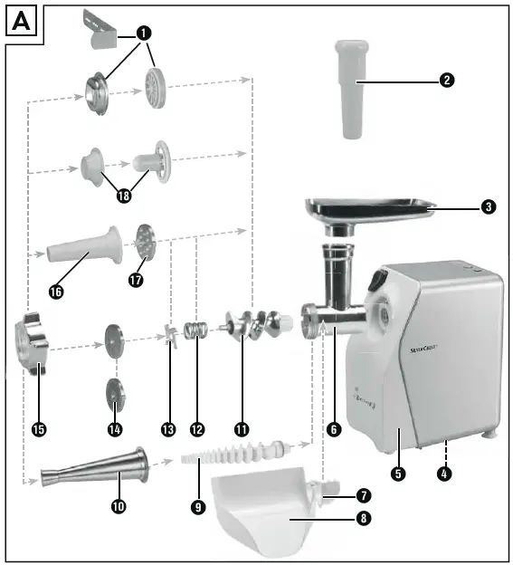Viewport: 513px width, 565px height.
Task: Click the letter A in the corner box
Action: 23,20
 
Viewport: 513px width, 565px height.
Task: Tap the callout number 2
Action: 446,80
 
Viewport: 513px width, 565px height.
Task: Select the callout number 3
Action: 488,207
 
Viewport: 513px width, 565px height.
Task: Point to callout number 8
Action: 363,519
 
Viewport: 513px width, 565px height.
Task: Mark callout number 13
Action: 166,428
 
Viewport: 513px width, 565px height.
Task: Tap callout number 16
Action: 57,292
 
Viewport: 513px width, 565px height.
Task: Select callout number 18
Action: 124,196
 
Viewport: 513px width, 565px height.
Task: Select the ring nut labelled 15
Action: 32,344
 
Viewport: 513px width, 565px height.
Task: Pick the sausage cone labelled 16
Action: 86,244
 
